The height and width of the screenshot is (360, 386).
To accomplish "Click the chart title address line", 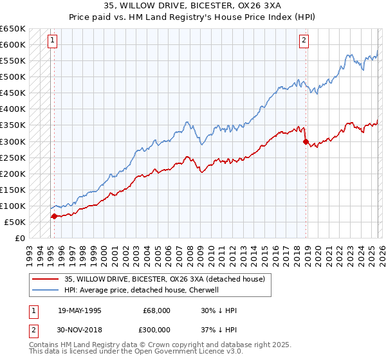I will click(193, 6).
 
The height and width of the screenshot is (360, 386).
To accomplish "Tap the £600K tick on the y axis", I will click(13, 45).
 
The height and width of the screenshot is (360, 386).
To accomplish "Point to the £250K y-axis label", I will click(13, 157).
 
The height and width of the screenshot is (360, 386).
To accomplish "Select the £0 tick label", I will click(19, 238).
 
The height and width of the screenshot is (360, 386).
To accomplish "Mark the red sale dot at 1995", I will click(54, 216).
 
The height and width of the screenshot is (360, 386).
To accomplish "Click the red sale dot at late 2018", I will click(306, 141).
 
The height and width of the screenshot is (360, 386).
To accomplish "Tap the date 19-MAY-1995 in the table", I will click(80, 310).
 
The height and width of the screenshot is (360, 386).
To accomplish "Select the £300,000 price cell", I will click(156, 329).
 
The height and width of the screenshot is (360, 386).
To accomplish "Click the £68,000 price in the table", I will click(156, 310).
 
